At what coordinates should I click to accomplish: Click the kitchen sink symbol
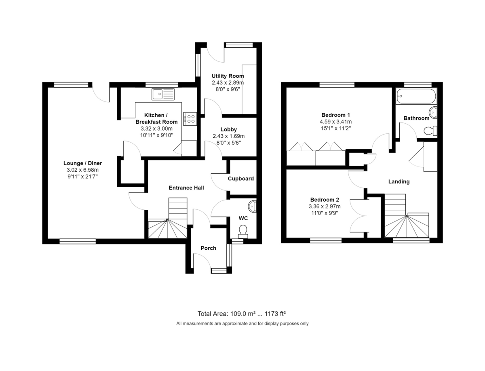coord(163,94)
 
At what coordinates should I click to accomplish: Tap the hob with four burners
coord(190,118)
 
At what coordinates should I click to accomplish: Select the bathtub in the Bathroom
coord(416,96)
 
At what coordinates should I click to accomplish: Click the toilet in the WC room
coord(243,231)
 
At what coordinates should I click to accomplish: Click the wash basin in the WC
coord(253,206)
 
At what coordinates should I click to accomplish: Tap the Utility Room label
coord(228,76)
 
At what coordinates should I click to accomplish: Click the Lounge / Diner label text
coord(82,163)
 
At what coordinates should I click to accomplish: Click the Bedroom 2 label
coord(324,200)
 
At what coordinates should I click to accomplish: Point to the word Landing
coord(399,181)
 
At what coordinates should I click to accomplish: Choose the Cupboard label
coord(240,179)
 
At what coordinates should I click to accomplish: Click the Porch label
coord(208,248)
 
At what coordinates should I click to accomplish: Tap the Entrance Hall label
coord(186,188)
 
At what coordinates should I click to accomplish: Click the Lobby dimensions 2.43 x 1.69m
coord(228,136)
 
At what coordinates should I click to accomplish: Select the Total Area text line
coord(242,313)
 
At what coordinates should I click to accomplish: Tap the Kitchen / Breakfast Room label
coord(156,118)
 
